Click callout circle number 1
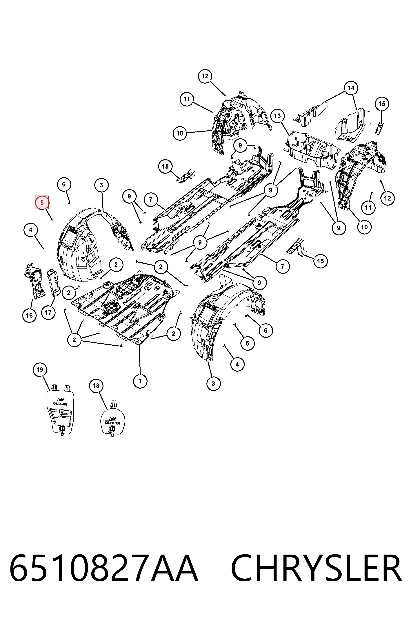tap(140, 381)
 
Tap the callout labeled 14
tap(351, 88)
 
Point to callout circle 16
tap(29, 315)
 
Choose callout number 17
tap(48, 312)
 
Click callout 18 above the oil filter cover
tap(96, 386)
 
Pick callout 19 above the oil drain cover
tap(40, 370)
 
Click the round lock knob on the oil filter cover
tap(112, 428)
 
